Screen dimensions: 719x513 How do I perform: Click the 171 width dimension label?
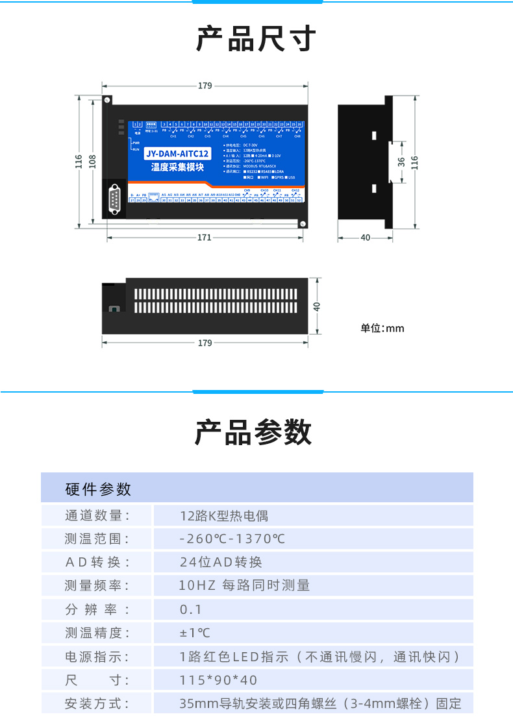click(x=205, y=238)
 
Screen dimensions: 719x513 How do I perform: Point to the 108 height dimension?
click(x=93, y=161)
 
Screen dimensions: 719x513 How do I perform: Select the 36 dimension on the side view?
click(x=401, y=161)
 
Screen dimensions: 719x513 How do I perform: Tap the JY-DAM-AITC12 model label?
click(x=178, y=154)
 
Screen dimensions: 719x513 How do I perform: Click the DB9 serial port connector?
click(x=115, y=201)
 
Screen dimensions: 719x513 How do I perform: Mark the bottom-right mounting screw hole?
click(x=302, y=224)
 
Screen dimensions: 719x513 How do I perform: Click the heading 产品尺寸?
click(x=256, y=39)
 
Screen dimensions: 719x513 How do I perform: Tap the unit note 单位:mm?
click(x=382, y=328)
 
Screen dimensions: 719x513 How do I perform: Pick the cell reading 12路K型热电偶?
click(x=224, y=516)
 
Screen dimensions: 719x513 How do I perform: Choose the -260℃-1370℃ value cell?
click(x=232, y=539)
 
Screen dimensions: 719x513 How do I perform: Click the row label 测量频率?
click(x=97, y=585)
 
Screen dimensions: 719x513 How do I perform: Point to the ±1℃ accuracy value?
click(x=195, y=633)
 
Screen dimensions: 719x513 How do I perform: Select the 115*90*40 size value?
click(x=218, y=680)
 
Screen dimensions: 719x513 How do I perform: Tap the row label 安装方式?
click(x=97, y=703)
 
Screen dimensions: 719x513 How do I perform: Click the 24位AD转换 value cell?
click(x=221, y=562)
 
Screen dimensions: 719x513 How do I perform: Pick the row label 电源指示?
click(x=97, y=657)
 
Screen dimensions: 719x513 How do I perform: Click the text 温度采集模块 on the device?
click(x=178, y=167)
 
